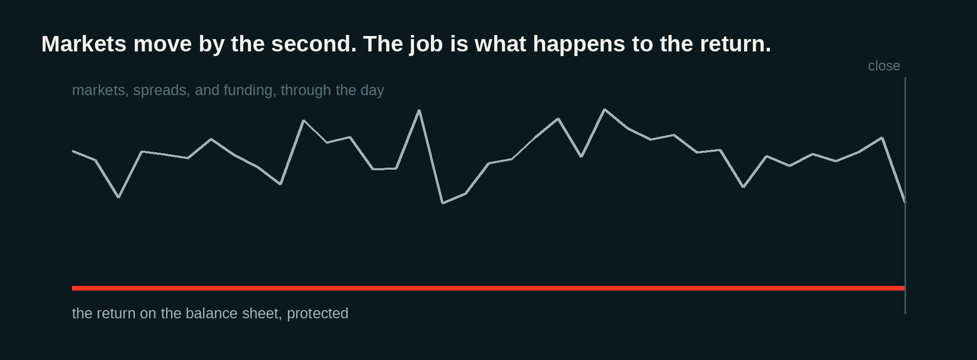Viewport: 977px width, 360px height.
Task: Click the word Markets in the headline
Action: click(x=84, y=44)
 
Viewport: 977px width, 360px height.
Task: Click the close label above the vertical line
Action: click(x=884, y=66)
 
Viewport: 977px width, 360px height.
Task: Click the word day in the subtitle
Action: click(x=372, y=91)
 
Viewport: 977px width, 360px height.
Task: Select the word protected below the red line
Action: click(x=318, y=314)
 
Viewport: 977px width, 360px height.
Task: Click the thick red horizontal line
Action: click(x=488, y=288)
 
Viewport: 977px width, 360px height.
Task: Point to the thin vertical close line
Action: click(x=905, y=195)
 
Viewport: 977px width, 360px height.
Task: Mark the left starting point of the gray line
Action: click(x=73, y=151)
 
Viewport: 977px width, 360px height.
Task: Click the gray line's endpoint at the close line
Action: click(x=905, y=202)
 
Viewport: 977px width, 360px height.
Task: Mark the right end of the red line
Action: click(x=904, y=288)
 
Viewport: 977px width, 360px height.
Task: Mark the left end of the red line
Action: click(x=73, y=288)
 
